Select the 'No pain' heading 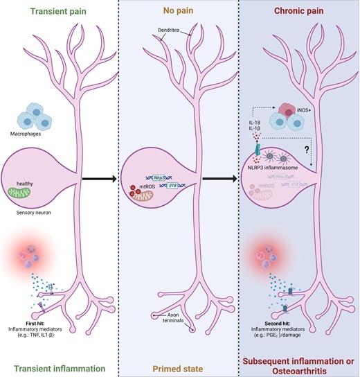pos(180,11)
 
